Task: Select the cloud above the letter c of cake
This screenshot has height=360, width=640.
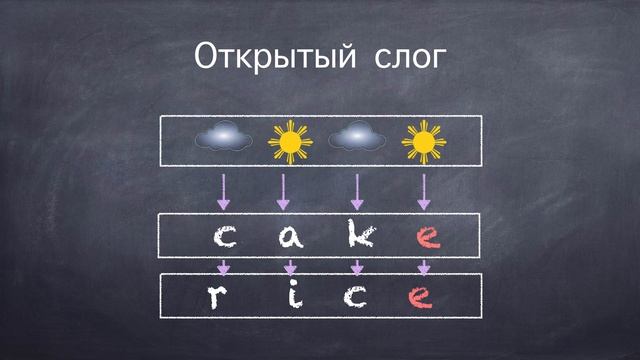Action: tap(222, 137)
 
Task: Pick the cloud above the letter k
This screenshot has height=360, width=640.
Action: tap(357, 136)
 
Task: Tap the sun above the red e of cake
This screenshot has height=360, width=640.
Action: tap(423, 142)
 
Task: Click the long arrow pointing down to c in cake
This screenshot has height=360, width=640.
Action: tap(223, 191)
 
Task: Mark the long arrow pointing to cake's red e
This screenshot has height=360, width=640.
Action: tap(424, 191)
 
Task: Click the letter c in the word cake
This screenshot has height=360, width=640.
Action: tap(226, 238)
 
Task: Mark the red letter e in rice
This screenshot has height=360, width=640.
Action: tap(425, 296)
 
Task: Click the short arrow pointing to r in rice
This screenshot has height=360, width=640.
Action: tap(223, 266)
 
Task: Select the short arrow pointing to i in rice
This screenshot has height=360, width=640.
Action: tap(291, 266)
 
